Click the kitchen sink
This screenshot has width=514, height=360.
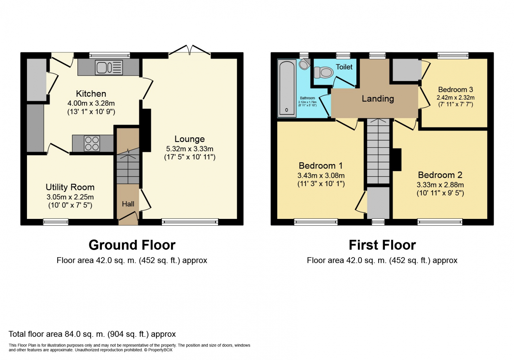pos(109,67)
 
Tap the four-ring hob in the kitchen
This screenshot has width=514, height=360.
pos(92,143)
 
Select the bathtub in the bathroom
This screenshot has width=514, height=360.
pos(287,88)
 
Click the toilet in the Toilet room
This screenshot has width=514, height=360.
pos(323,73)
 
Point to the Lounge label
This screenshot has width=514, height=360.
pos(190,139)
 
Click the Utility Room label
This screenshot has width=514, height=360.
pos(70,187)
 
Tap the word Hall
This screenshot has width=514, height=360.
pos(128,204)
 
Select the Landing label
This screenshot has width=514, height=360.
pos(378,99)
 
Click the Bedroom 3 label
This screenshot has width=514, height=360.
pos(456,89)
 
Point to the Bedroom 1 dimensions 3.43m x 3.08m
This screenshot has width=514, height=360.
pos(321,175)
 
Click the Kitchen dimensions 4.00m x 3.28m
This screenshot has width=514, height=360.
pos(91,103)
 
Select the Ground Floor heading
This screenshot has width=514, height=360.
pos(132,245)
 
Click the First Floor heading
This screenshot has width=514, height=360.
pos(382,245)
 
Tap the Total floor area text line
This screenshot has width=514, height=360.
pos(92,334)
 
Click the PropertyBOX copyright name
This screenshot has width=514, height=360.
pos(160,350)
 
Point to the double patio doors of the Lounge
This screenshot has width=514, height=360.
pos(190,50)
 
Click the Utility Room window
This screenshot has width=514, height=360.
pos(56,222)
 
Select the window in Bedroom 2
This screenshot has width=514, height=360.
pos(440,222)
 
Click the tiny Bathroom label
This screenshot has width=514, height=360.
pos(307,98)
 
